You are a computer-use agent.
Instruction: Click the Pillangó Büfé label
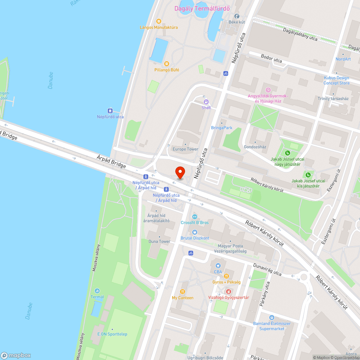point(166,70)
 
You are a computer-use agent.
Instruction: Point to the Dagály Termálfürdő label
point(203,9)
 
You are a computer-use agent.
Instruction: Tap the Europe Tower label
point(185,149)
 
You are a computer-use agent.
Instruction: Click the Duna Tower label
point(159,241)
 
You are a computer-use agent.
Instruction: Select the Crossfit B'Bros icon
point(195,217)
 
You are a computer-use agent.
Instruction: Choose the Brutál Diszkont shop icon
point(195,232)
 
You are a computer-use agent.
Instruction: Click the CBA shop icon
point(218,266)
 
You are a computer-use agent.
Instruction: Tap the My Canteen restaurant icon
point(183,292)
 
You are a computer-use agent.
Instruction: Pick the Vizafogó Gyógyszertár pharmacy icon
point(228,291)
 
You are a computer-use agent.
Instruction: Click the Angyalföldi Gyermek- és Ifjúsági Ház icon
point(268,90)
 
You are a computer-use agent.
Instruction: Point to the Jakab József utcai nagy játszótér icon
point(287,153)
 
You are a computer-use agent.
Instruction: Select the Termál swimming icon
point(97,291)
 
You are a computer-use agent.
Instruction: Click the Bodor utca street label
point(271,59)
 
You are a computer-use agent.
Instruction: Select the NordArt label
point(343,59)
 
